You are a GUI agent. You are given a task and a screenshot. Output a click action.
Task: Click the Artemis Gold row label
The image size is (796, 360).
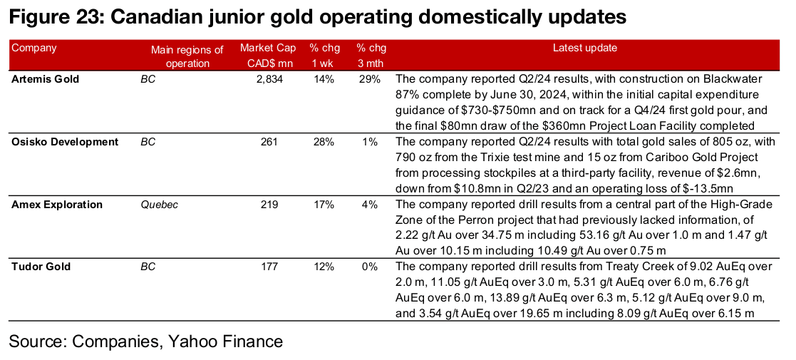point(46,79)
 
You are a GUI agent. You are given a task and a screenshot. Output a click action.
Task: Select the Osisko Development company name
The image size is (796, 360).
point(65,142)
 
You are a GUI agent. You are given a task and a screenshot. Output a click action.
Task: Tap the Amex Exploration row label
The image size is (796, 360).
point(57,205)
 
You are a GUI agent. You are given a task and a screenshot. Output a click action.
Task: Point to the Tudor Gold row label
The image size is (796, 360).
point(41,267)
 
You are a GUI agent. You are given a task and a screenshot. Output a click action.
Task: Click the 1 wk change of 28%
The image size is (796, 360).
point(324,142)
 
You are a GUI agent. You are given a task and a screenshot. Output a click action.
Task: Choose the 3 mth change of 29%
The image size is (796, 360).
point(370,79)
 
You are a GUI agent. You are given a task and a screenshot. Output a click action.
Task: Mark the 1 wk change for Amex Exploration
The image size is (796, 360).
point(324,205)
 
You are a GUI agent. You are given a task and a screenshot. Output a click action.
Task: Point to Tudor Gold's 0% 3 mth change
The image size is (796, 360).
point(373,267)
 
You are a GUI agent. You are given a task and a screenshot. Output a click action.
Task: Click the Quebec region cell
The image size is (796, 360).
point(159,205)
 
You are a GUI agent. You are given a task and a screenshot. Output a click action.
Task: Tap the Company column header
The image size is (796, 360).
point(34,48)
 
